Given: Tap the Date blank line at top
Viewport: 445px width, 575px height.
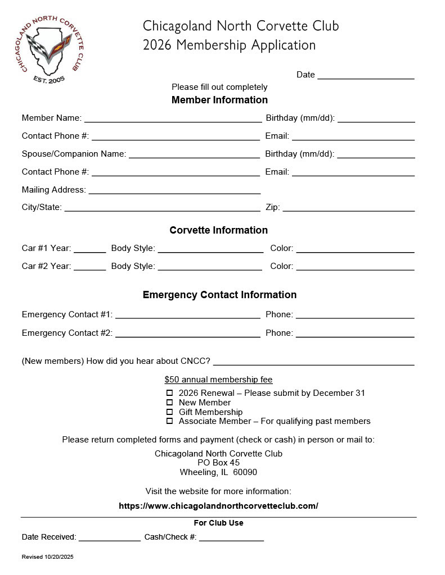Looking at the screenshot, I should coord(366,75).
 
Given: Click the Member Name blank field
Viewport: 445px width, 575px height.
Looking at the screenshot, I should coord(173,118).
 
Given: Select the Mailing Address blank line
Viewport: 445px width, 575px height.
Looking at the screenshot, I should coord(174,190).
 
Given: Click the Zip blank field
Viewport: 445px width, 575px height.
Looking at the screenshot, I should coord(348,207).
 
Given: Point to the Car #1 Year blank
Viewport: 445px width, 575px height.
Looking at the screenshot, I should coord(89,249).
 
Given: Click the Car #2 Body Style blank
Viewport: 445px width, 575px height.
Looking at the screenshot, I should coord(210,267).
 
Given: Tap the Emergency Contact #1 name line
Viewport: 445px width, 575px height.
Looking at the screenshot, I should coord(187,314).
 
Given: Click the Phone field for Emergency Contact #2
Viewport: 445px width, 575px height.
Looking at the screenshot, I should coord(355,333).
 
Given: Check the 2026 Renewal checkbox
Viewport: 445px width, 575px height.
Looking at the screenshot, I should coord(169,393).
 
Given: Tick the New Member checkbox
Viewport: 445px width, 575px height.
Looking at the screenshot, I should coord(169,403).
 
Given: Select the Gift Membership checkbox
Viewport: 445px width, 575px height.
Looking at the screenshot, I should coord(169,412).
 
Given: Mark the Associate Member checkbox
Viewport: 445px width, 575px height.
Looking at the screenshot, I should coord(169,421).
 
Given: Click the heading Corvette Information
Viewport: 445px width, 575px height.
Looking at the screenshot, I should coord(218,230).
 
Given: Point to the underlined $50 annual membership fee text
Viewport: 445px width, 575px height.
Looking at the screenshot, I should coord(218,380).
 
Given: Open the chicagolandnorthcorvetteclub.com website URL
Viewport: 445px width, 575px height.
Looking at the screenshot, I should coord(218,506).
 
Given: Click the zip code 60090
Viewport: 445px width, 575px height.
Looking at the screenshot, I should coord(245,472).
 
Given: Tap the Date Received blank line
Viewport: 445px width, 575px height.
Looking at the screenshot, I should coord(109,537).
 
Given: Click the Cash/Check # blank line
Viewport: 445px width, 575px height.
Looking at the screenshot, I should coord(231,537).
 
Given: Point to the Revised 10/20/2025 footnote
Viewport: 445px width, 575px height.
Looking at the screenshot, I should coord(48,557).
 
